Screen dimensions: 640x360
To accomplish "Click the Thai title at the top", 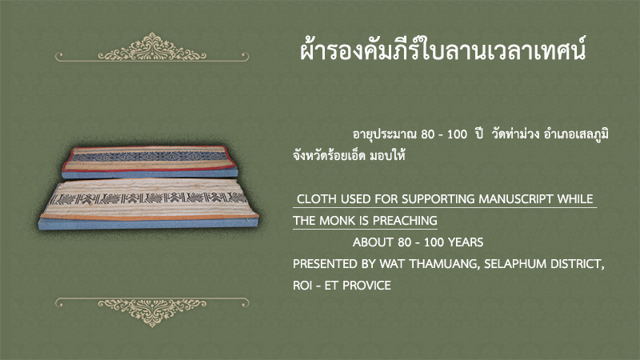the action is (x=443, y=50).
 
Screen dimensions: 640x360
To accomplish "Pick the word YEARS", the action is (x=466, y=242).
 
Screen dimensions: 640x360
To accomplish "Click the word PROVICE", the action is (x=366, y=286).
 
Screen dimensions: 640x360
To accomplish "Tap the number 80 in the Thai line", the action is (x=427, y=134).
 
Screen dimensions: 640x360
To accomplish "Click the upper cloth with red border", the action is (x=150, y=162).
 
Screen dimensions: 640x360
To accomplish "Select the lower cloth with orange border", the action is (x=149, y=204).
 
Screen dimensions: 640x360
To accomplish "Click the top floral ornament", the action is (x=152, y=48).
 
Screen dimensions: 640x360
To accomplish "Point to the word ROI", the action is (x=302, y=286).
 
